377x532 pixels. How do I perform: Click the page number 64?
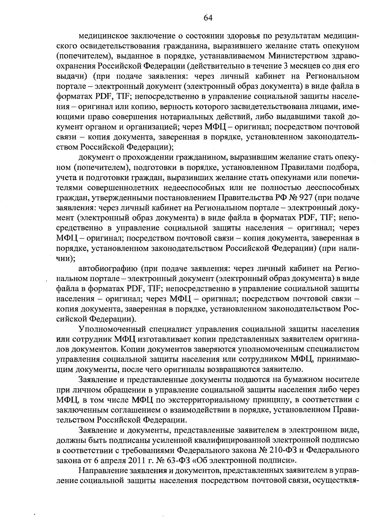208,18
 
